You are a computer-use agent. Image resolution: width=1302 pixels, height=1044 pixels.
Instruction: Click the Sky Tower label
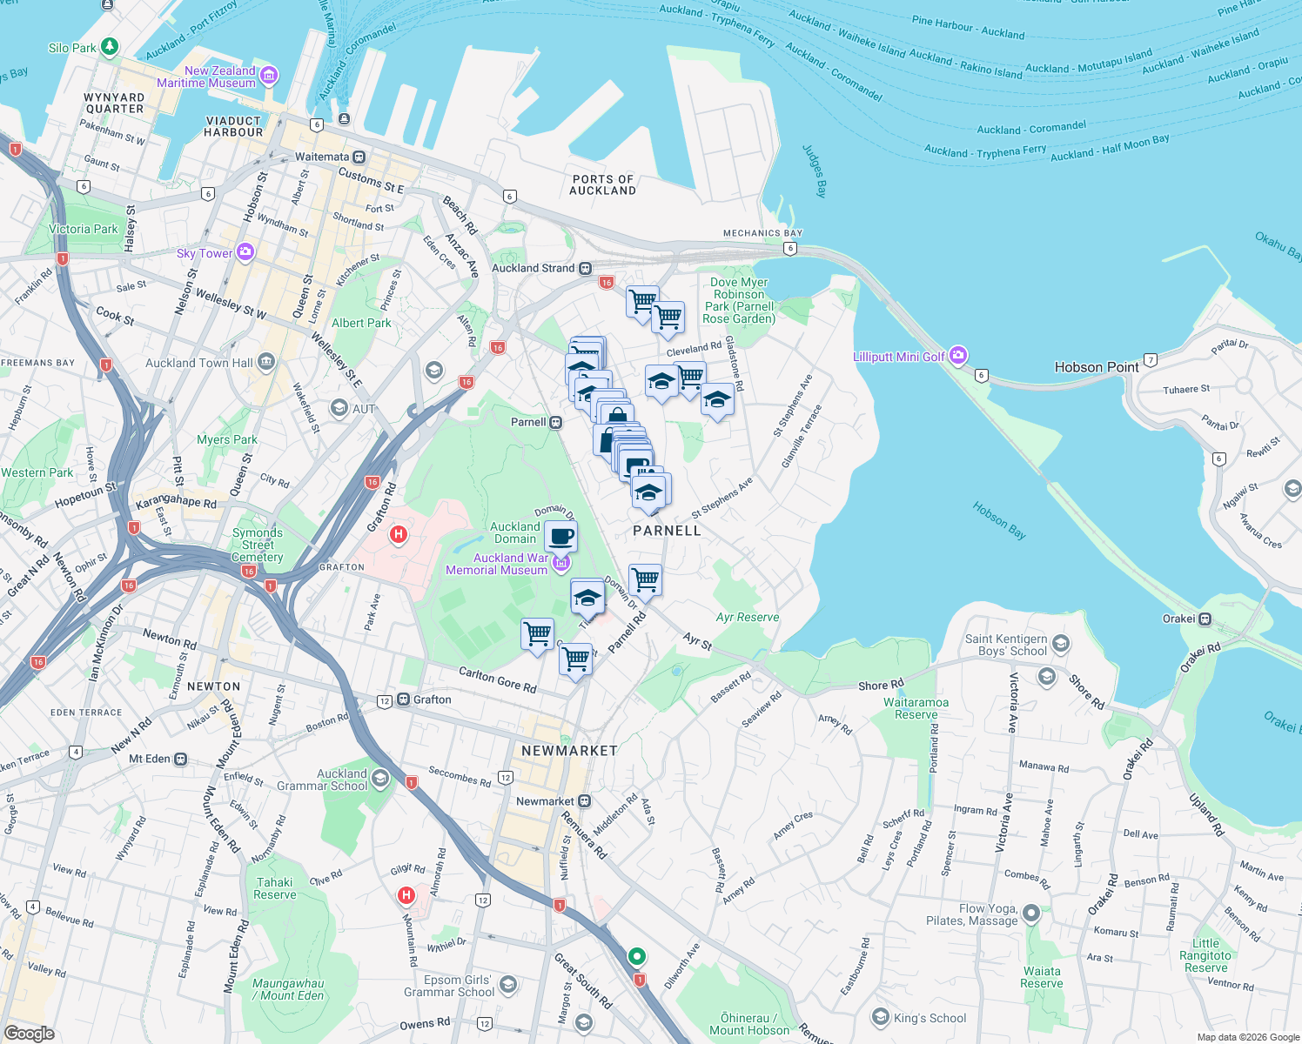pos(205,253)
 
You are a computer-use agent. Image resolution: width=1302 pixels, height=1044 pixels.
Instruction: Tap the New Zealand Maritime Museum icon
pos(270,76)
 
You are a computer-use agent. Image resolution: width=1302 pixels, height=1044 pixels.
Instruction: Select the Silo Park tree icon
pos(109,47)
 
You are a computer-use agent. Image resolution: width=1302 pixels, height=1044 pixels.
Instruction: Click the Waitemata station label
pos(321,157)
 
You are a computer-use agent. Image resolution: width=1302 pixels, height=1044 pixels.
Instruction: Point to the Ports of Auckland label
pos(603,184)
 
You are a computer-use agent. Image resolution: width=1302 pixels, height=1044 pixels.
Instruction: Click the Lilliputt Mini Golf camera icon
pos(958,356)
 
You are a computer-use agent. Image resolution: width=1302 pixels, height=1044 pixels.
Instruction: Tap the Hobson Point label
pos(1096,367)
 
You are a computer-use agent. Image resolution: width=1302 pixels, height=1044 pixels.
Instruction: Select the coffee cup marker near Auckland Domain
pos(561,536)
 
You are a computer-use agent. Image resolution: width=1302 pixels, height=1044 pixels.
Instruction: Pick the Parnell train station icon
pos(555,422)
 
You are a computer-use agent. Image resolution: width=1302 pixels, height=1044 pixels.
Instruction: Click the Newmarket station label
pos(545,801)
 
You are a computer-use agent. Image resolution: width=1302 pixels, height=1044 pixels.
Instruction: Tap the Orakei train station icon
pos(1205,619)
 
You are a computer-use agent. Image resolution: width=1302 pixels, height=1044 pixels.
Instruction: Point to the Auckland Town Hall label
pos(199,363)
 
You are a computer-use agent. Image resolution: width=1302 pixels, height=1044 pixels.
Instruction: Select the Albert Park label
pos(361,323)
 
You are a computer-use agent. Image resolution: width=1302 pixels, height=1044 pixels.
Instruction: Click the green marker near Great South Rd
pos(637,956)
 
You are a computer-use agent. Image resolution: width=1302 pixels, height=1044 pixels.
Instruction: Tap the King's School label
pos(930,1018)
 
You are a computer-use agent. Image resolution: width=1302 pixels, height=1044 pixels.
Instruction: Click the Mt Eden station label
pos(149,759)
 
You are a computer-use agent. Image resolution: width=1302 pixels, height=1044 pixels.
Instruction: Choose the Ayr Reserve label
pos(748,617)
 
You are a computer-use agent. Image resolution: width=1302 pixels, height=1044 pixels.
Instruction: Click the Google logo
pos(29,1034)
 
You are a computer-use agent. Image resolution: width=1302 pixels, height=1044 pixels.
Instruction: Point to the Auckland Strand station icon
pos(586,268)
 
